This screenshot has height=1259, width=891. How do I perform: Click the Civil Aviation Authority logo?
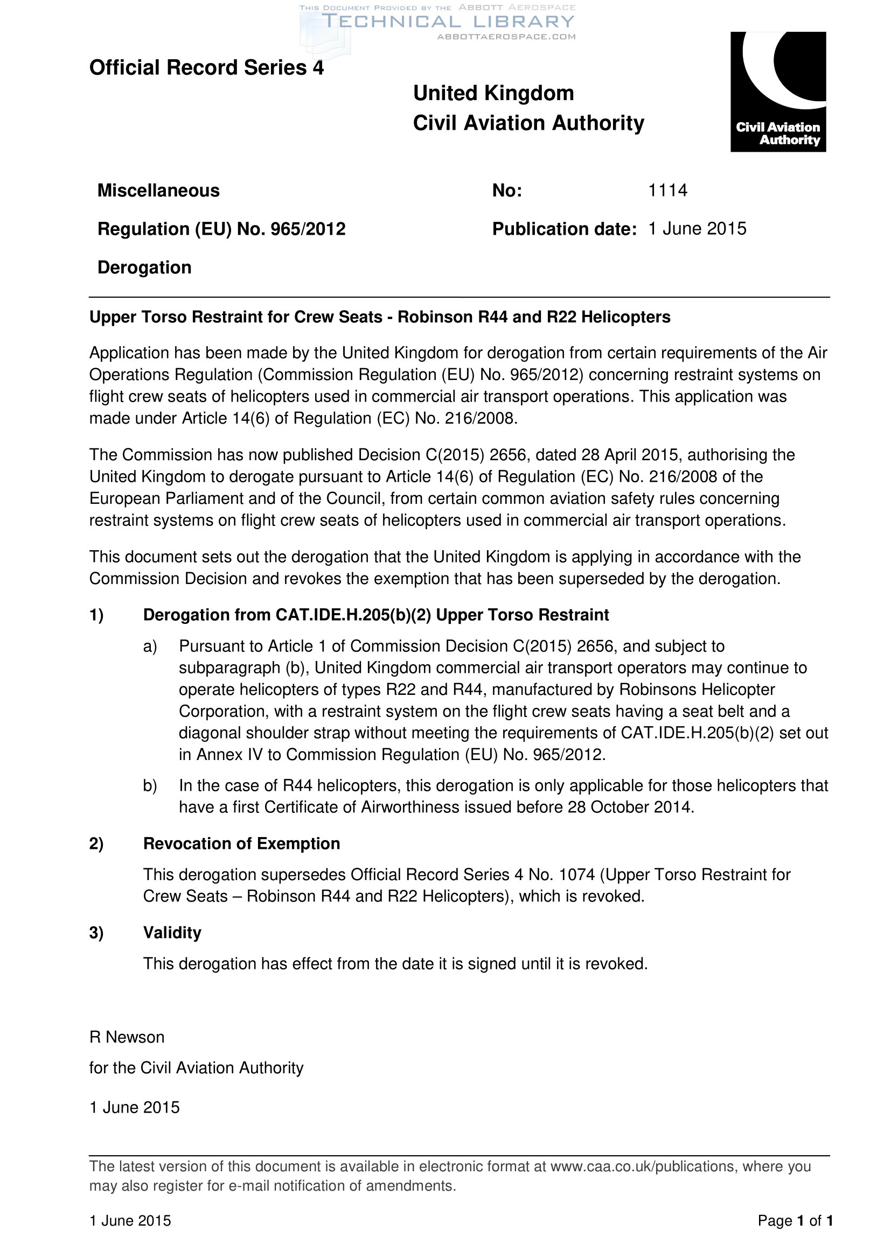(777, 92)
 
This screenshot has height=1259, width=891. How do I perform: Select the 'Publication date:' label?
(564, 229)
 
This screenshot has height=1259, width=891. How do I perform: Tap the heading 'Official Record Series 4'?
(206, 67)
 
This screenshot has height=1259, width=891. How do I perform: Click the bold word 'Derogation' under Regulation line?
(144, 267)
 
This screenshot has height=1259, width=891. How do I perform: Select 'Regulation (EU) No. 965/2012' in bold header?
(221, 229)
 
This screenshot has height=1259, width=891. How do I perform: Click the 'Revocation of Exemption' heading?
(241, 843)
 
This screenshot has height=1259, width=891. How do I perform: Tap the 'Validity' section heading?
(172, 932)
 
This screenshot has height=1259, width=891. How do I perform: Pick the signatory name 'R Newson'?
(127, 1037)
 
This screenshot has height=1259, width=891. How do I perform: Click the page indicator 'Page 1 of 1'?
(795, 1220)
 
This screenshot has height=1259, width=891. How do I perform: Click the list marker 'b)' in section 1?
(150, 785)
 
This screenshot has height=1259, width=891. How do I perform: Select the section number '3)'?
(96, 932)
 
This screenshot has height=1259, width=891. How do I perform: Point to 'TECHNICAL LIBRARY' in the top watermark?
(447, 22)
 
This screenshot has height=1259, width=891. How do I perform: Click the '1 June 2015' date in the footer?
(130, 1220)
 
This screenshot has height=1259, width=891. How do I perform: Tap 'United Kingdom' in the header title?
(493, 93)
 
